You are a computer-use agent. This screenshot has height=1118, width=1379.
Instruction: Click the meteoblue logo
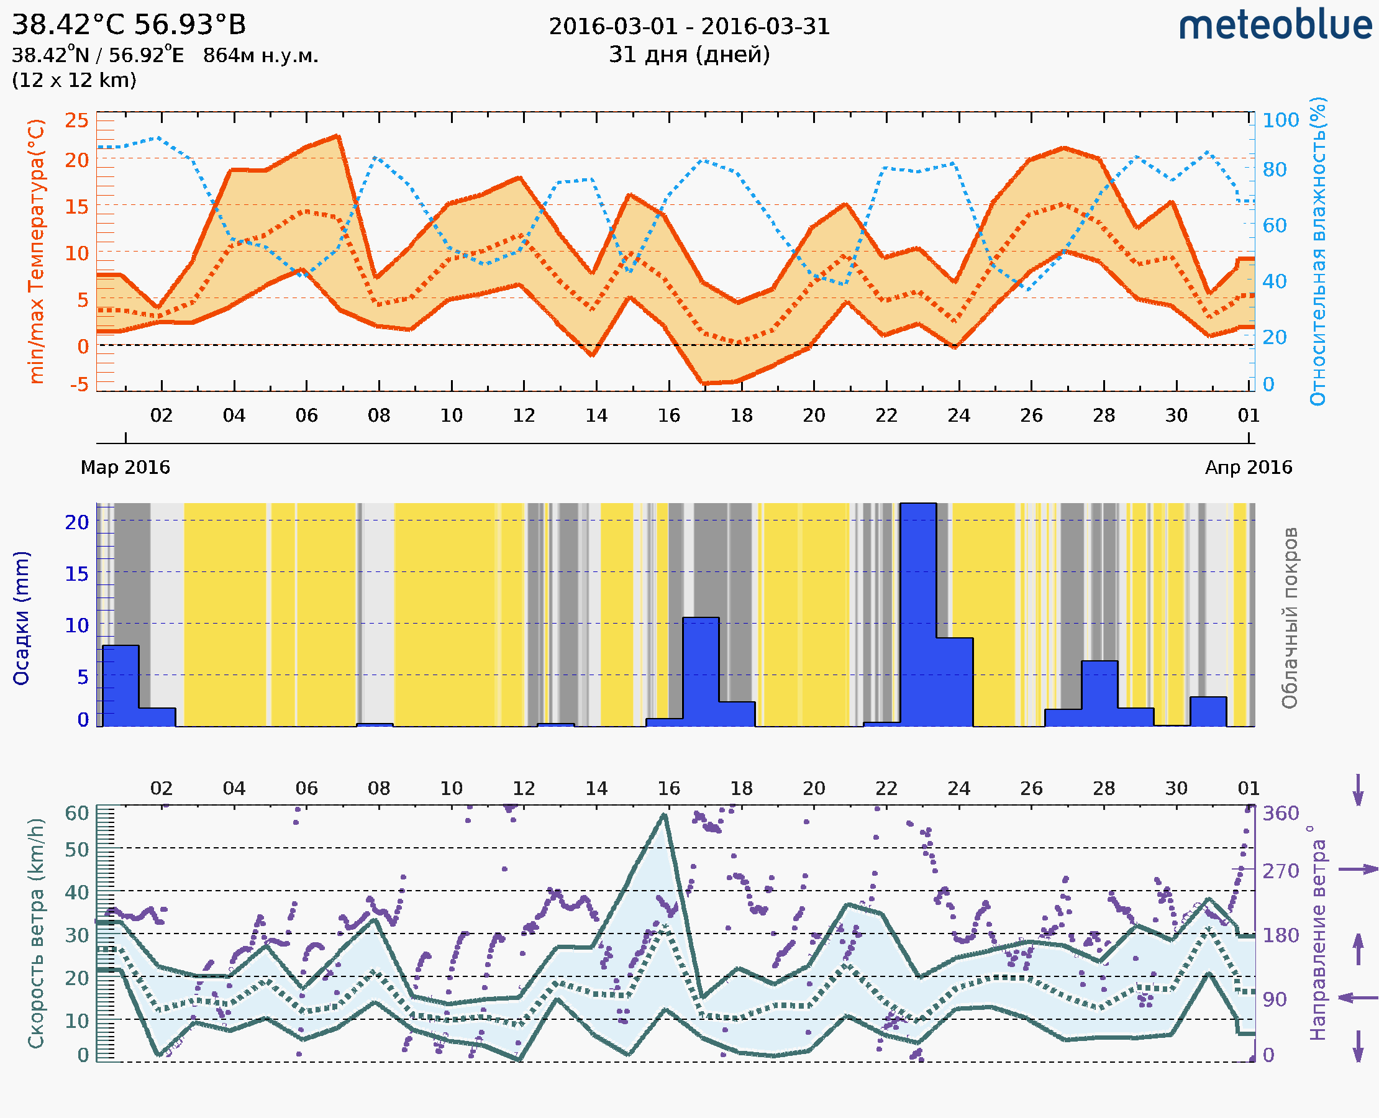1275,25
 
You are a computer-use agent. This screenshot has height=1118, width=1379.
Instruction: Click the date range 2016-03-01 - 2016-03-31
689,27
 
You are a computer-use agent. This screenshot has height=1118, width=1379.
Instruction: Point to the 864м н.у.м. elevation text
260,56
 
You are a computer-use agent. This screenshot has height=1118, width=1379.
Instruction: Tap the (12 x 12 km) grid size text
74,81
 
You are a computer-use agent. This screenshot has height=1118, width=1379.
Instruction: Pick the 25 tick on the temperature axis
76,120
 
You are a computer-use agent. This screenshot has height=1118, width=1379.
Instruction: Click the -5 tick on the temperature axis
80,384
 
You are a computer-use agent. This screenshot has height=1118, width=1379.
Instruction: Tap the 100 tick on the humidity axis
1280,120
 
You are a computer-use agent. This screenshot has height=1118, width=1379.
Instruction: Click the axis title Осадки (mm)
21,618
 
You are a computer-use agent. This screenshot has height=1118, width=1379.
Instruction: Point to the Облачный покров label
1290,618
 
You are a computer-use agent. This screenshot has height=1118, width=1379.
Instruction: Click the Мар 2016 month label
125,468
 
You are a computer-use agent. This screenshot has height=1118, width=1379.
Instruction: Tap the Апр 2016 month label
1249,468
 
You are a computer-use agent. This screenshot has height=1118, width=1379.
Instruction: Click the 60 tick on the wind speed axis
76,814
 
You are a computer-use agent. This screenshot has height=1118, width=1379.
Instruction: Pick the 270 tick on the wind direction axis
1280,871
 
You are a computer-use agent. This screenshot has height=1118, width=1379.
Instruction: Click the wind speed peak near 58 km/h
665,816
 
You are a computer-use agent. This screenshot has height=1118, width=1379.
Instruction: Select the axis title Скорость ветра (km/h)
36,933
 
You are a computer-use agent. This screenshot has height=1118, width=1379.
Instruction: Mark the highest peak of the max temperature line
337,136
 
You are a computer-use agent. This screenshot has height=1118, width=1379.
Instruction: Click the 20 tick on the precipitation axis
76,522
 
